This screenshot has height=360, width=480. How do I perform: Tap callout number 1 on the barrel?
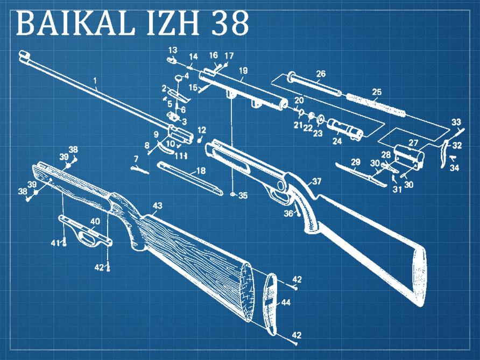(95, 81)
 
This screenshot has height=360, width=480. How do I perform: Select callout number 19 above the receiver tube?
(243, 70)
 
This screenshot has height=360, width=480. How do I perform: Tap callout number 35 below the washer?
(243, 196)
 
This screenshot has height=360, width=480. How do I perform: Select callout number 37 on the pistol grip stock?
(316, 181)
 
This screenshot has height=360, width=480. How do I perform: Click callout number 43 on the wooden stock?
(157, 206)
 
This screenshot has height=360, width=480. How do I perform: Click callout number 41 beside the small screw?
(54, 243)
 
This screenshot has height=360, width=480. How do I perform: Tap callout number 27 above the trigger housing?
(413, 143)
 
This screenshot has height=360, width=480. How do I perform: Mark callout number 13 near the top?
(173, 50)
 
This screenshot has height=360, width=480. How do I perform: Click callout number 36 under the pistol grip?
(288, 214)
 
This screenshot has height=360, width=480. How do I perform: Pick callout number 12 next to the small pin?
(202, 130)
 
